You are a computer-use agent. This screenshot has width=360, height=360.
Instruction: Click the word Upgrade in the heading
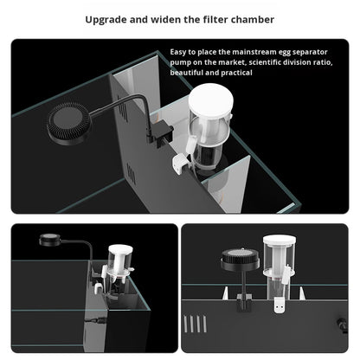[x=106, y=20]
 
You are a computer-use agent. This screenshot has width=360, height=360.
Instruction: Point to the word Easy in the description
[x=178, y=52]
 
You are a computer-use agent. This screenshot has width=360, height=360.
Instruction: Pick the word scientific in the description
[x=264, y=62]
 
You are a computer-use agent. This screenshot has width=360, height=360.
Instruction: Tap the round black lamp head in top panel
[x=69, y=123]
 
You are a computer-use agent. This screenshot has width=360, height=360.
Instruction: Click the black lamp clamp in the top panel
[x=161, y=132]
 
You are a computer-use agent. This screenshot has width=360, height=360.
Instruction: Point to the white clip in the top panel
[x=181, y=163]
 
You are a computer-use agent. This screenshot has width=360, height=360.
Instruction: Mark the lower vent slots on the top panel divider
[x=132, y=174]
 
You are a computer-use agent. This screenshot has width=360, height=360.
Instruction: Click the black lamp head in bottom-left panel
[x=49, y=240]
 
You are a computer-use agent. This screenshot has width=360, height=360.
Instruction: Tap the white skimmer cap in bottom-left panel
[x=120, y=250]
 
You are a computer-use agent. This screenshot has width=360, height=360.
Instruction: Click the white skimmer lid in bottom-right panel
[x=279, y=240]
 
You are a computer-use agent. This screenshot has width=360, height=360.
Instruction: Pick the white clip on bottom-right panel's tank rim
[x=280, y=305]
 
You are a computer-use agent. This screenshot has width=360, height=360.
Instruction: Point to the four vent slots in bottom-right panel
[x=195, y=324]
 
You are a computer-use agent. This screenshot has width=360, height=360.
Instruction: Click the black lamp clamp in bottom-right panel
[x=244, y=303]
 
